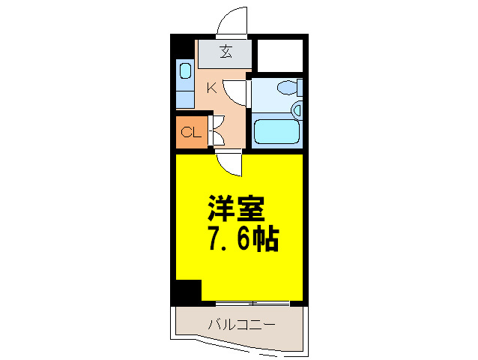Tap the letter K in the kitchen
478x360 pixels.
point(211,88)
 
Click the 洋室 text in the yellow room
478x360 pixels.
point(237,207)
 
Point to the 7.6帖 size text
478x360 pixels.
point(242,238)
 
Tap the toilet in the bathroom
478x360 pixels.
point(288,88)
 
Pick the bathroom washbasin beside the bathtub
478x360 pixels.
point(297,110)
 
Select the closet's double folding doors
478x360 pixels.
point(217,131)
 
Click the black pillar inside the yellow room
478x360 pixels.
point(187,291)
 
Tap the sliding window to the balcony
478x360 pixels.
point(252,303)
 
